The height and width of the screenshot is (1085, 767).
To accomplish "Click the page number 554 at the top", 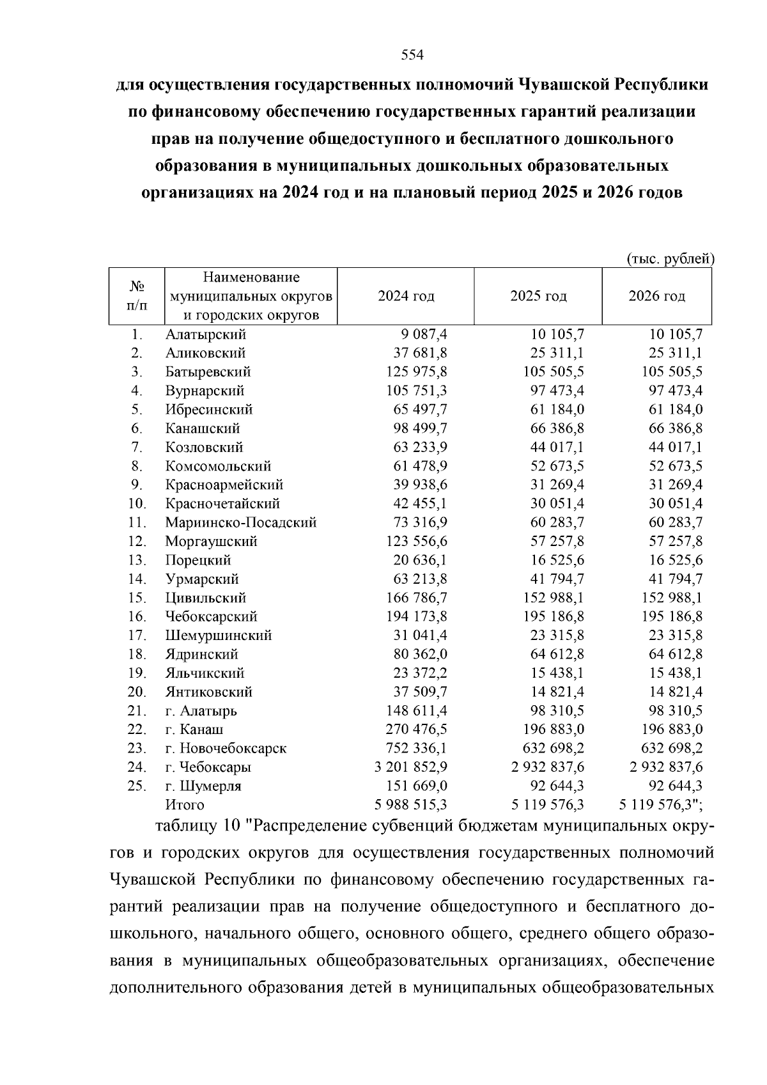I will click(412, 56).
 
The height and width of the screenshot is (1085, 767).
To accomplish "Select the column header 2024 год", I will click(406, 296).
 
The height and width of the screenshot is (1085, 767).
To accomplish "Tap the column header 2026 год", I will click(656, 296).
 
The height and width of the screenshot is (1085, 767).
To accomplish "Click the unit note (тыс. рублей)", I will click(669, 259).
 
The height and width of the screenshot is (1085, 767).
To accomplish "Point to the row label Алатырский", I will click(205, 334).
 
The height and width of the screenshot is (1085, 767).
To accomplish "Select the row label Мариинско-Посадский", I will click(241, 522).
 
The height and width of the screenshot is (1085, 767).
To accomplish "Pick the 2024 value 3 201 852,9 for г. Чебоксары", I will click(410, 767).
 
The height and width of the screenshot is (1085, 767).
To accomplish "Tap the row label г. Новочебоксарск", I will click(226, 748).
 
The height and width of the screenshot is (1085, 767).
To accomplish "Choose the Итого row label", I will click(184, 804).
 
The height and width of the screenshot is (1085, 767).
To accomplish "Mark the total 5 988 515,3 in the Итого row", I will click(410, 804).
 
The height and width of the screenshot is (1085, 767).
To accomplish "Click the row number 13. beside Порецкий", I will click(137, 560).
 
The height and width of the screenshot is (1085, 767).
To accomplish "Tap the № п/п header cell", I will click(136, 296).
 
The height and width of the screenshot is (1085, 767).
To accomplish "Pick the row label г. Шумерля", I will click(203, 786).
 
